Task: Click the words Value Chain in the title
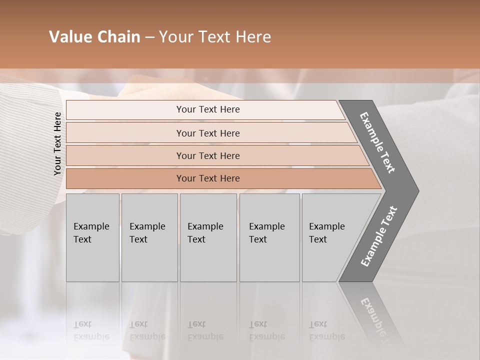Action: pos(94,37)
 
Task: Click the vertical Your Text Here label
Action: pos(57,143)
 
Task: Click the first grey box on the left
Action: pos(92,237)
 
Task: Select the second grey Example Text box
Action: pos(149,237)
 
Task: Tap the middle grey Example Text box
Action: pos(208,237)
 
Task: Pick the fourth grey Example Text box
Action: pos(269,237)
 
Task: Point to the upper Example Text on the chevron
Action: pos(378,142)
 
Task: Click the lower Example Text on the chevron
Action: pos(379,236)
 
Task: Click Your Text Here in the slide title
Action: pos(215,37)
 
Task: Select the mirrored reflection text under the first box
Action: pos(91,330)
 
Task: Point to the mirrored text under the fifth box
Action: pos(326,330)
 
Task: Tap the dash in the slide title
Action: pos(149,37)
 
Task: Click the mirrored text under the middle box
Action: pos(205,330)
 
